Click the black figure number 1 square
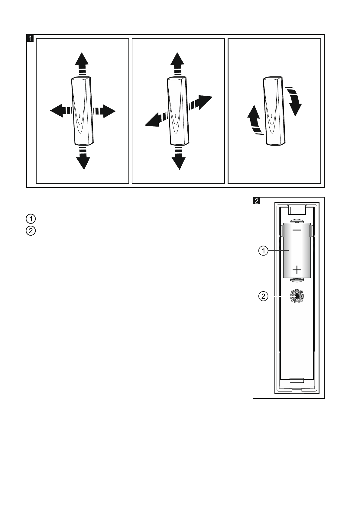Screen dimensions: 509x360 click(x=30, y=38)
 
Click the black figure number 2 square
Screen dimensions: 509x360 click(x=256, y=201)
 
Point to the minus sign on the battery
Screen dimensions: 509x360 click(x=297, y=230)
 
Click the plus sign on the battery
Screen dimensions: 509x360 click(x=297, y=269)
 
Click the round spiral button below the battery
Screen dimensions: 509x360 click(x=297, y=296)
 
